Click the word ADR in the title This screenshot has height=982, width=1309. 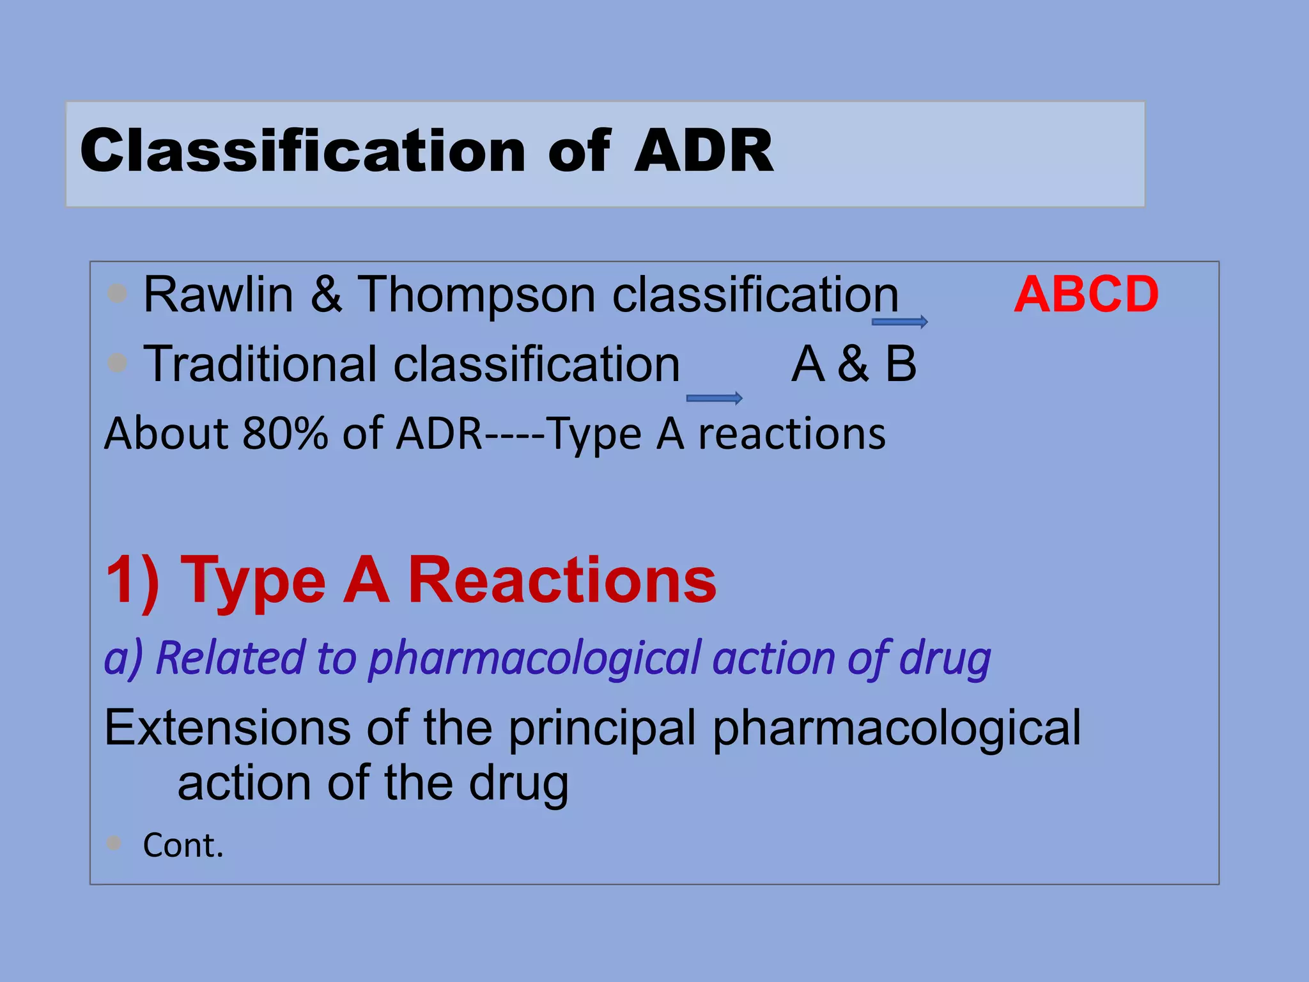pos(703,151)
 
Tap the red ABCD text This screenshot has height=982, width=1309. pos(1086,295)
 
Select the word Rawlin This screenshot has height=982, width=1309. pos(218,295)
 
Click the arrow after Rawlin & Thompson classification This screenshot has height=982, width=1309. pos(899,322)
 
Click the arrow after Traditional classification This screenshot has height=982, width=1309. pos(714,399)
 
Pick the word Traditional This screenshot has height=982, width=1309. pos(259,364)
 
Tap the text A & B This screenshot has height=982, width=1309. pos(854,364)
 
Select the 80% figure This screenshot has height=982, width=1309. pos(286,434)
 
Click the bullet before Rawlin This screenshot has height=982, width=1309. pos(118,293)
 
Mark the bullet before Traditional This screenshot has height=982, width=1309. pos(118,363)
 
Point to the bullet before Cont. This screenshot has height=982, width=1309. pos(114,843)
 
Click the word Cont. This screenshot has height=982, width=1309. pos(183,845)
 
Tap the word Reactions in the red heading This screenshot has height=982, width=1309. pos(562,580)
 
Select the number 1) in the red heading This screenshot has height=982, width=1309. pos(132,580)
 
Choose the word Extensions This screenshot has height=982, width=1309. pos(228,728)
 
